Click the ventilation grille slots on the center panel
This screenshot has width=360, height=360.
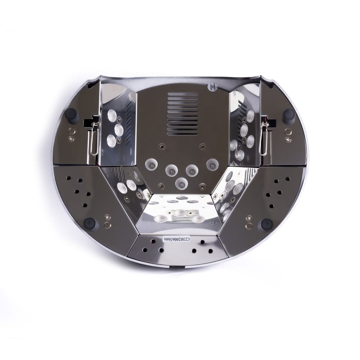click(x=183, y=114)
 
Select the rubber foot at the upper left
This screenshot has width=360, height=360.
click(x=71, y=116)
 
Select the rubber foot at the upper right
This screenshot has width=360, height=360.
click(x=289, y=116)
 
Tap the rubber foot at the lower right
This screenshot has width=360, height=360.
click(x=267, y=224)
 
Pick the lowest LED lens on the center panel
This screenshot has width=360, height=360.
click(x=181, y=184)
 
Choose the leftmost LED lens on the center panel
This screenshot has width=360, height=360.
click(x=151, y=165)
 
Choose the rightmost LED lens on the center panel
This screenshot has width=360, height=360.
click(x=212, y=165)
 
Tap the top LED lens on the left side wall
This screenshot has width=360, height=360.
click(x=112, y=115)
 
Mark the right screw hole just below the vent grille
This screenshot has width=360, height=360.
click(x=202, y=147)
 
